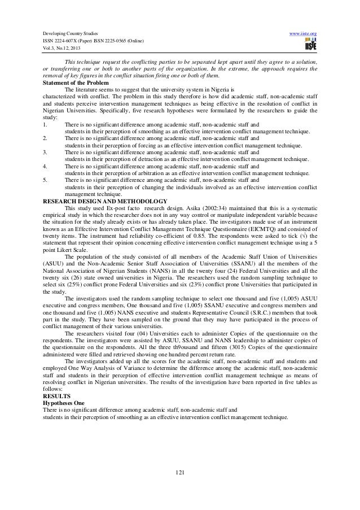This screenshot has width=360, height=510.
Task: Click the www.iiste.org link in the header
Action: click(305, 33)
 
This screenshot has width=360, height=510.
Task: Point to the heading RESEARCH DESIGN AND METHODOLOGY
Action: click(104, 202)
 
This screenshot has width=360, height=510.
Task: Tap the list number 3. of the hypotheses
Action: click(45, 152)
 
